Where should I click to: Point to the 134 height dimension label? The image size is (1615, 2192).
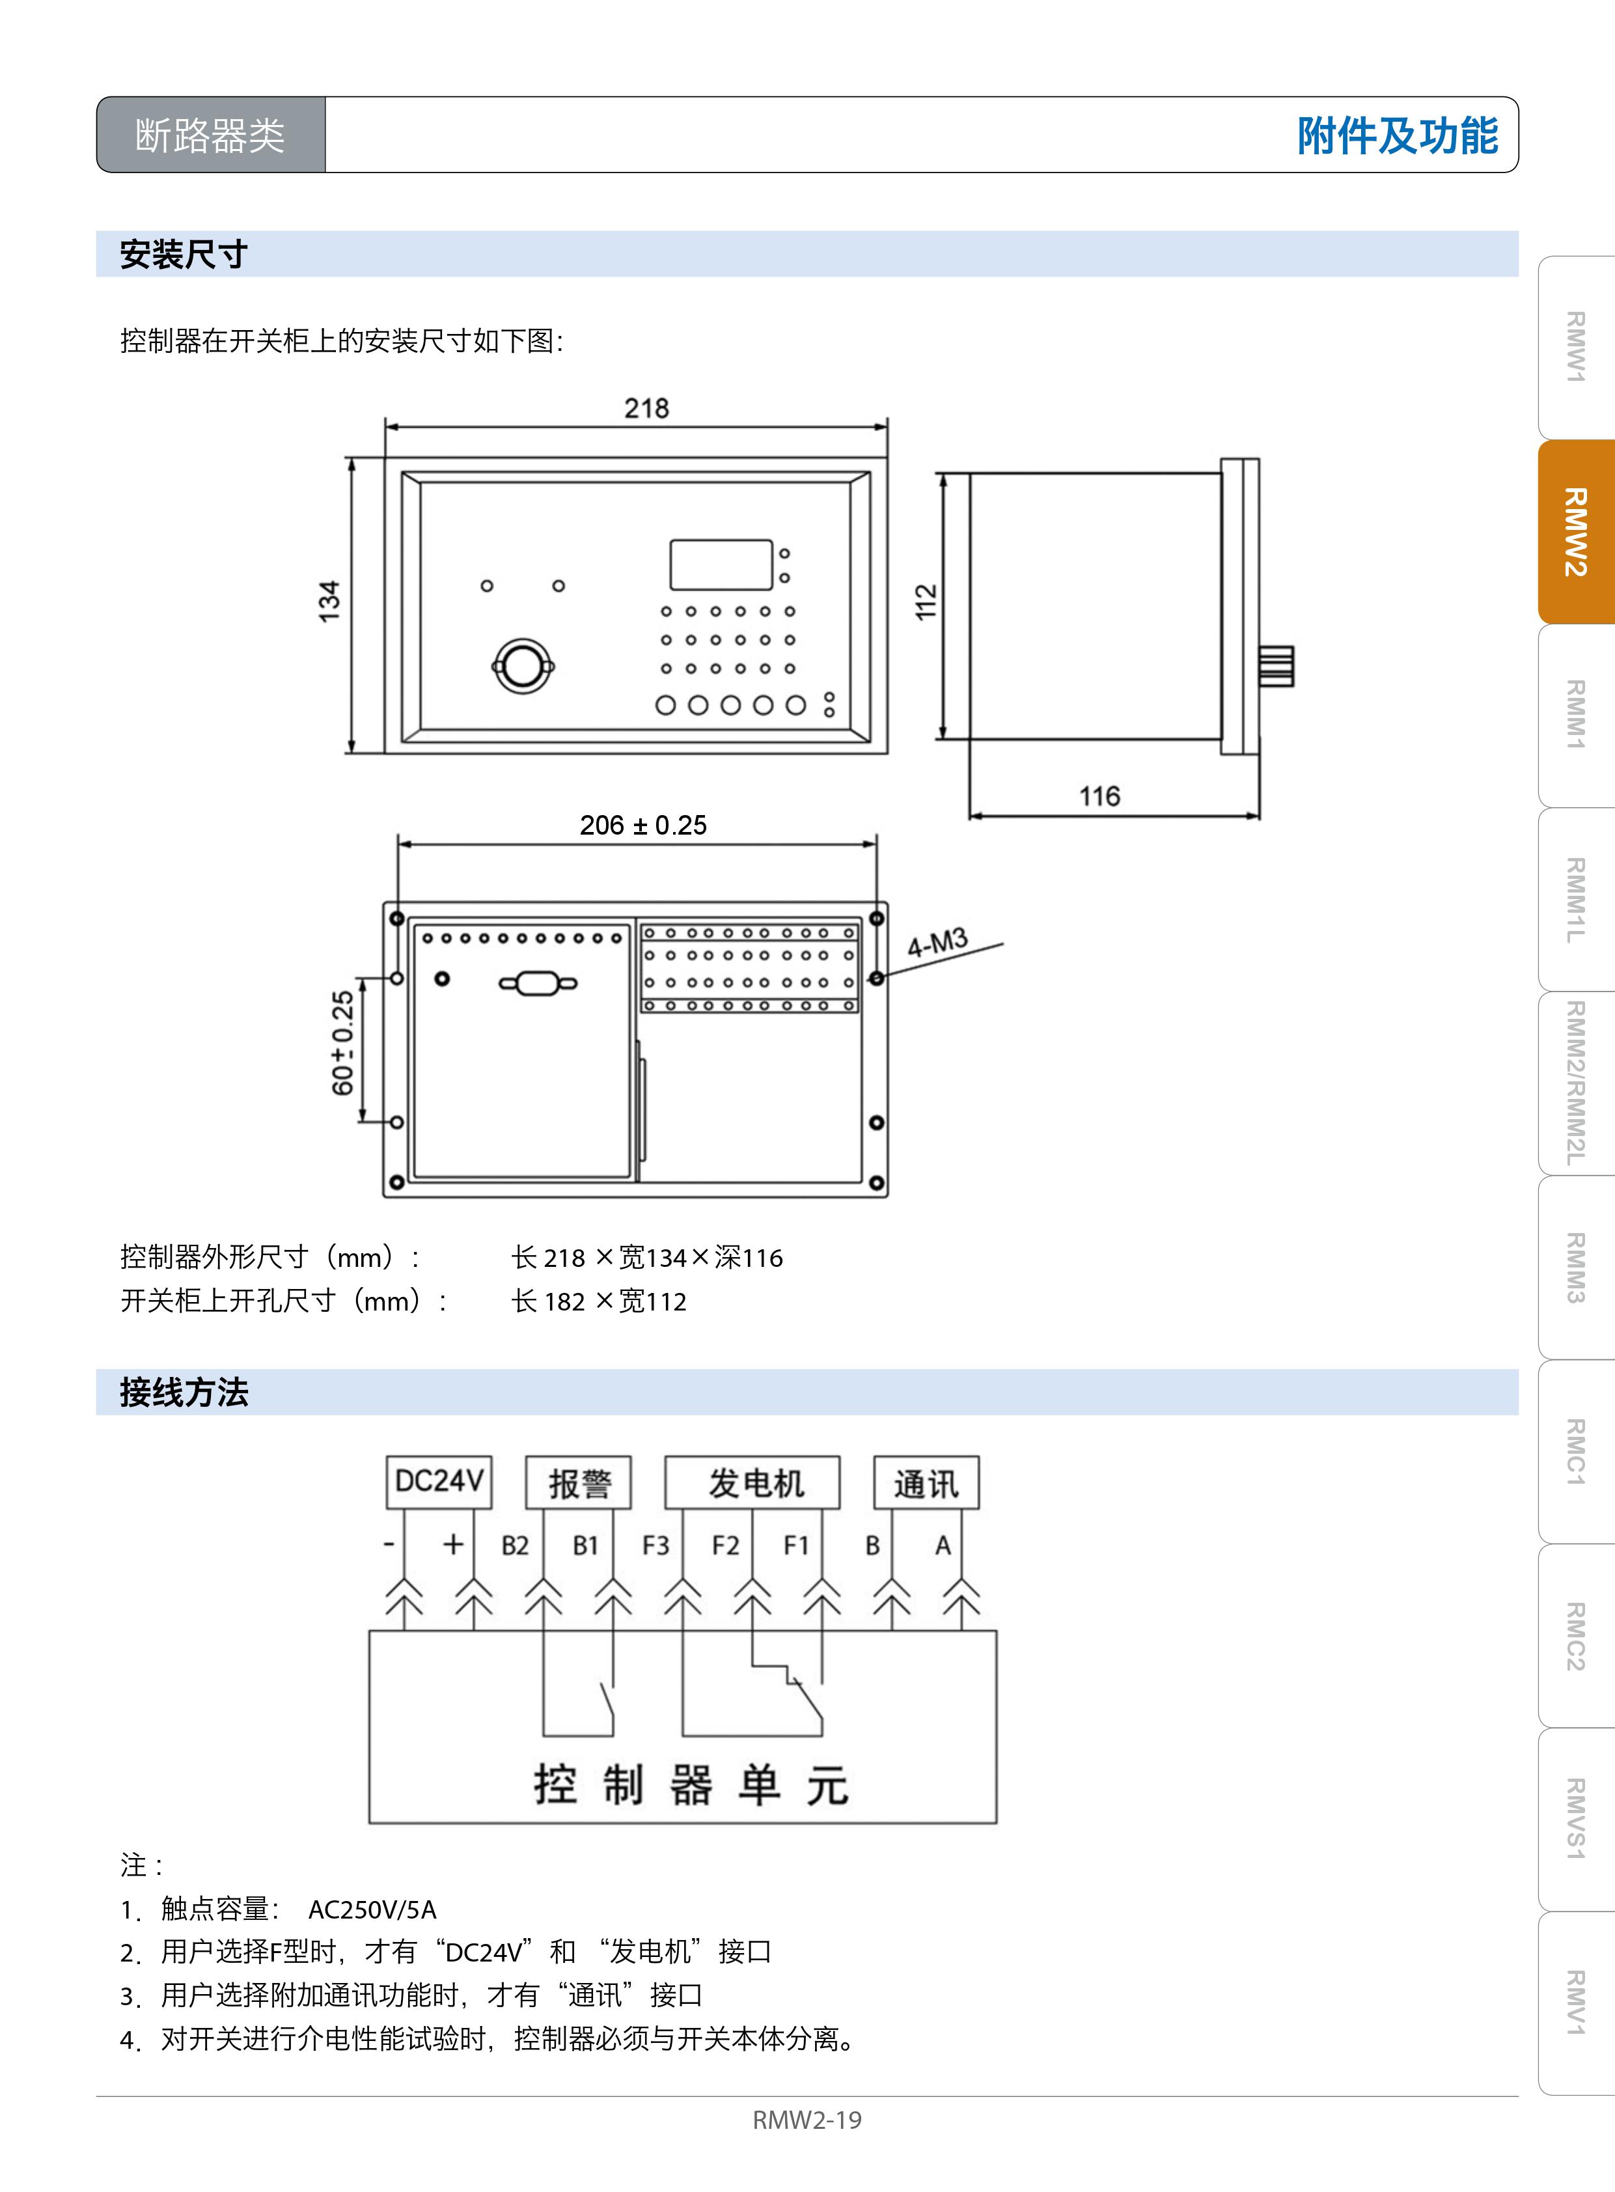click(x=329, y=602)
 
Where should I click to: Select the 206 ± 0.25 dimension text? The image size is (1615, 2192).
click(x=643, y=825)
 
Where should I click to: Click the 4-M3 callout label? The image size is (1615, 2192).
click(x=937, y=943)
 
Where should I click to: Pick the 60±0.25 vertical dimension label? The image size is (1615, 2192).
click(x=343, y=1043)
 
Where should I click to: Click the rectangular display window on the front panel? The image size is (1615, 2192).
click(x=721, y=564)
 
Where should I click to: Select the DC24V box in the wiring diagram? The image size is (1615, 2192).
click(x=439, y=1482)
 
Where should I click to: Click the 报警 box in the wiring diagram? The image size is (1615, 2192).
click(x=579, y=1483)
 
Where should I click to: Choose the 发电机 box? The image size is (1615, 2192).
click(x=752, y=1483)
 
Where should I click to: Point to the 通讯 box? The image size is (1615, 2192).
click(x=926, y=1483)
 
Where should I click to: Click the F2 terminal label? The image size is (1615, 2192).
click(x=725, y=1546)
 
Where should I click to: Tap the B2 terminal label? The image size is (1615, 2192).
click(x=514, y=1546)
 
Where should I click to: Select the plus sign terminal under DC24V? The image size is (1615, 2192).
click(x=452, y=1545)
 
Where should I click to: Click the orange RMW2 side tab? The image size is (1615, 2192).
click(x=1576, y=532)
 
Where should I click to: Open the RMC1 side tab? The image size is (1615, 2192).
click(x=1576, y=1452)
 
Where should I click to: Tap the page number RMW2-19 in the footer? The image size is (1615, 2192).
click(x=807, y=2120)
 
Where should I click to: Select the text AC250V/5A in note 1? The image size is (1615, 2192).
click(x=372, y=1909)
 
